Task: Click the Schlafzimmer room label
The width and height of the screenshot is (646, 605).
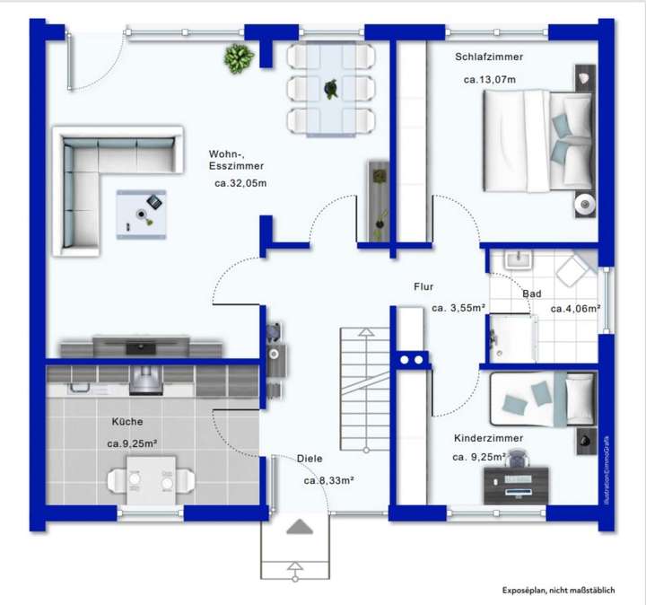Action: point(489,57)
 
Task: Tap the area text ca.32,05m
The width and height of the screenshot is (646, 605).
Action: point(240,183)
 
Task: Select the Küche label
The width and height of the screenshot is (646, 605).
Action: point(127,421)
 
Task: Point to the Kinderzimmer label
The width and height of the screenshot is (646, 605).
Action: point(488,438)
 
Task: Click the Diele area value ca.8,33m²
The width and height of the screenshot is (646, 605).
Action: point(328,481)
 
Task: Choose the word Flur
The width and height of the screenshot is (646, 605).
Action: point(423,287)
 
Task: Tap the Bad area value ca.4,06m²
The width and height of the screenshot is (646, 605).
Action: point(575,309)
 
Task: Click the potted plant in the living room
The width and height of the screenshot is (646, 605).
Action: point(236,58)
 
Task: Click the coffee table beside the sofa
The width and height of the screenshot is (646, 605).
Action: point(141,214)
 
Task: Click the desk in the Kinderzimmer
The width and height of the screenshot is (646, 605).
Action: point(519,486)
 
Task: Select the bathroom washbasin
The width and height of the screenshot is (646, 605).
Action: point(518,260)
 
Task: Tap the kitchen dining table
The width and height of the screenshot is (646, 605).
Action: point(150,479)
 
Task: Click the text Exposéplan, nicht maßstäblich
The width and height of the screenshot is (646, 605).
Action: point(558,590)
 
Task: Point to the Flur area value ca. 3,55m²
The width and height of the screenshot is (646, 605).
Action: point(458,308)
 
